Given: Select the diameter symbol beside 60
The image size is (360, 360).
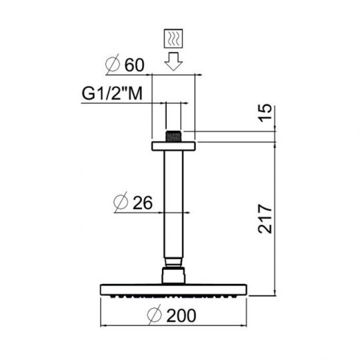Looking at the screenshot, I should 114,66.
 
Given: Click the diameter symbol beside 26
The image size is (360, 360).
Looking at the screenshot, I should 121,202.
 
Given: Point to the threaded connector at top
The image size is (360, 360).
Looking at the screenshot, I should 173,135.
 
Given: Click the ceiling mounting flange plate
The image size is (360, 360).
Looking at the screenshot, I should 173,145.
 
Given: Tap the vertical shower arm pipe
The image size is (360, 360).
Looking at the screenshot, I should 173,207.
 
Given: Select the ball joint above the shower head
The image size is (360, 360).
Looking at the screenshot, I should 173,275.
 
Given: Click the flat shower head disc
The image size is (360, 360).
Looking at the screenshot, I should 173,289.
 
